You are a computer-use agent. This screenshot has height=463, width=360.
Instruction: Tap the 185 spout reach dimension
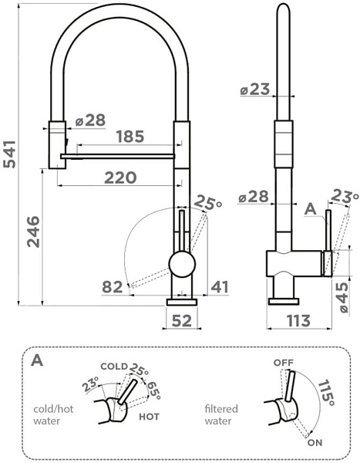point(130,137)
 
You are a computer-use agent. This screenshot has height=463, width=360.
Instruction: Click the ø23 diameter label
point(255,90)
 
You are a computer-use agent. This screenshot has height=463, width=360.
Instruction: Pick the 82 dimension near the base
point(113,288)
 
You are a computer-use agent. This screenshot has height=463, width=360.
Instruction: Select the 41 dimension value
point(220,288)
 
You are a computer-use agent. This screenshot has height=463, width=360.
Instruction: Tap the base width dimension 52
point(181,319)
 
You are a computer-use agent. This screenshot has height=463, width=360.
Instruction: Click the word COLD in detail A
point(113,366)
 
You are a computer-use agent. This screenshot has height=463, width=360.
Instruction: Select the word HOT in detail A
point(150,415)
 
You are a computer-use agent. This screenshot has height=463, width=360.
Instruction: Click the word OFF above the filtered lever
point(284,362)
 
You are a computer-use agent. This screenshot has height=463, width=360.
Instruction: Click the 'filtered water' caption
point(221,415)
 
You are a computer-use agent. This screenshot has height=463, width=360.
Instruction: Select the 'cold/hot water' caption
point(53,415)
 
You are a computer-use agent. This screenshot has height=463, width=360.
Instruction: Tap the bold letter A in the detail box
point(38,360)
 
